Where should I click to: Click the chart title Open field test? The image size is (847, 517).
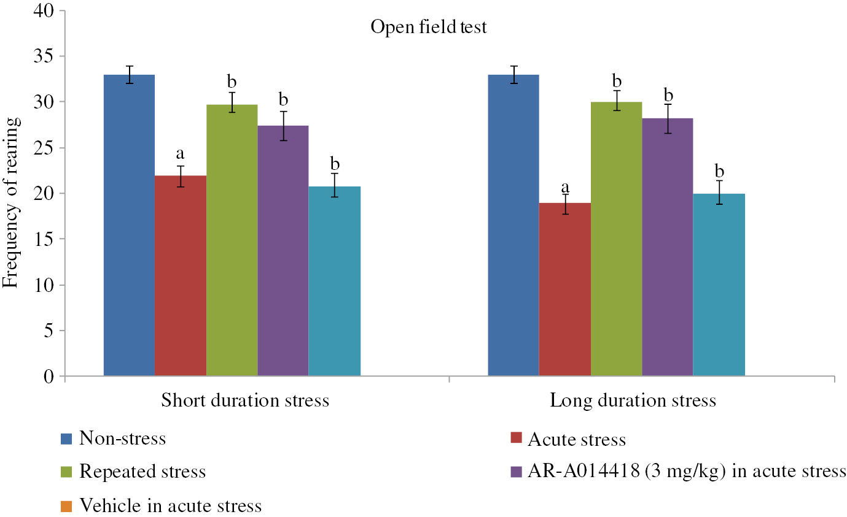[428, 28]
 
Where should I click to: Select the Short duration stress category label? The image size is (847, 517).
[245, 401]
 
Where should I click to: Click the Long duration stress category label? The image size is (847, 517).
[633, 401]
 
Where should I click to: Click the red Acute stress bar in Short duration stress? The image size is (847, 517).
[180, 275]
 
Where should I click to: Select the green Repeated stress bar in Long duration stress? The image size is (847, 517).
[616, 239]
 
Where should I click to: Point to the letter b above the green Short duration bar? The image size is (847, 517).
[232, 82]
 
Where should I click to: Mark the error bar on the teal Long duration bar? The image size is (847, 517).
[719, 192]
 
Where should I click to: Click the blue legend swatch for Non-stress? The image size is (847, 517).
[66, 439]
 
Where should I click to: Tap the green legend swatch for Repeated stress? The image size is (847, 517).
[66, 472]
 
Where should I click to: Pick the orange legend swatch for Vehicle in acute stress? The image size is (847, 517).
[66, 506]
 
